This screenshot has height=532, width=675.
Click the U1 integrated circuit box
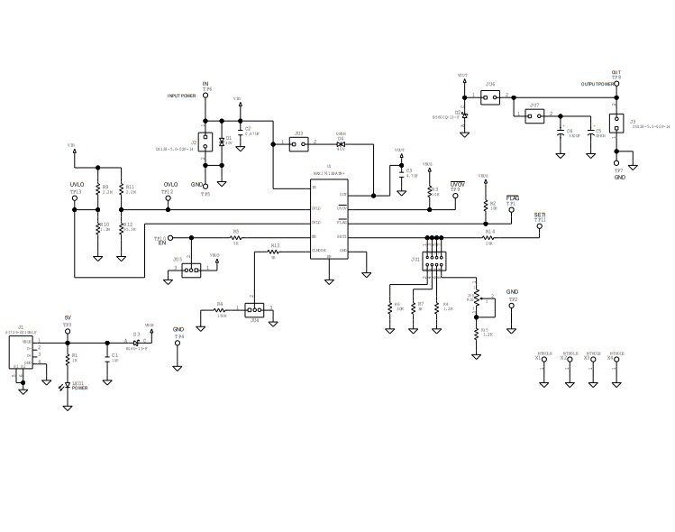click(330, 220)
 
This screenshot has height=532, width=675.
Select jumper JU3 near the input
click(298, 143)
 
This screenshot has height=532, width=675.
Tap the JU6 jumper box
click(490, 96)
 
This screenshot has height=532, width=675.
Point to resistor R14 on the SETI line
click(489, 237)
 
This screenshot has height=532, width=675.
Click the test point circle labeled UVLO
click(76, 199)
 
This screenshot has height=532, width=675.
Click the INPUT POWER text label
click(181, 95)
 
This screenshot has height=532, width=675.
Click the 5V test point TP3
click(68, 332)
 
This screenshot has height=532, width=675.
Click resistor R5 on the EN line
click(236, 237)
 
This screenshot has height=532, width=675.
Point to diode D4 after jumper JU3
click(342, 143)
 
